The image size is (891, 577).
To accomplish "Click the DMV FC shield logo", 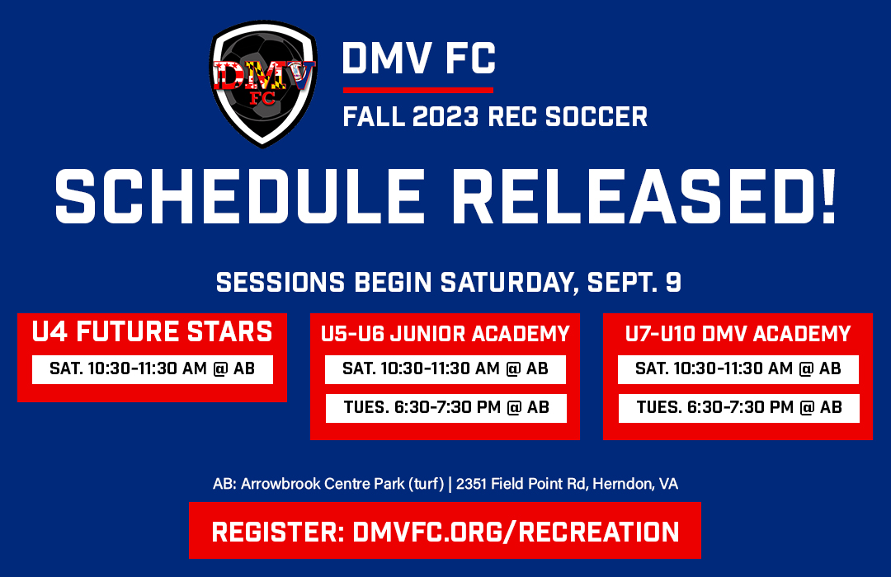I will pyautogui.click(x=263, y=82).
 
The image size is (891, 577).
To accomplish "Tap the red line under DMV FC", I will pyautogui.click(x=417, y=90).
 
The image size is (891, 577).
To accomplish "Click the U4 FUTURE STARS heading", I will pyautogui.click(x=152, y=331).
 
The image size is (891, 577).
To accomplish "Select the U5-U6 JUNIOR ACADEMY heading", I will pyautogui.click(x=445, y=334).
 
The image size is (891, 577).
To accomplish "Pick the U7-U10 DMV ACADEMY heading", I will pyautogui.click(x=738, y=334).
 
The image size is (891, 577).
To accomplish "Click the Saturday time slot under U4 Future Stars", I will pyautogui.click(x=153, y=368).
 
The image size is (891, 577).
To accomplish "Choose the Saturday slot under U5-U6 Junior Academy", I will pyautogui.click(x=445, y=368).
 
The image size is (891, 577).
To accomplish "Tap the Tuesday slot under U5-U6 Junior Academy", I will pyautogui.click(x=445, y=407).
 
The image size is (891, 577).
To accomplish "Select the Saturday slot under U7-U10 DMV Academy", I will pyautogui.click(x=738, y=368).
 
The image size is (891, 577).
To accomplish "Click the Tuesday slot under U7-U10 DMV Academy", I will pyautogui.click(x=738, y=407).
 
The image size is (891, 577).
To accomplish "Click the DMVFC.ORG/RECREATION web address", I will pyautogui.click(x=516, y=532).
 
